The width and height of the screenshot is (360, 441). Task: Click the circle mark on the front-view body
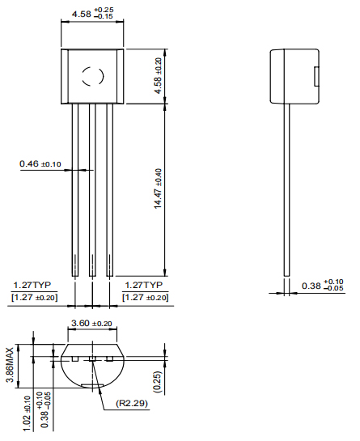click(91, 77)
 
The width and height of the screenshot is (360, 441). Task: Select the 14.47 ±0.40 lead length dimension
click(159, 188)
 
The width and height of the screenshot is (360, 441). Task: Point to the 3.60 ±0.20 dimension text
click(91, 324)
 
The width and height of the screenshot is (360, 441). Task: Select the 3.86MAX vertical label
click(11, 365)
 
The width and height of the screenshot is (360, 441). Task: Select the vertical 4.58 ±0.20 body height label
click(159, 75)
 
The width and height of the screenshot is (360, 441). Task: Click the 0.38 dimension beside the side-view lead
click(321, 286)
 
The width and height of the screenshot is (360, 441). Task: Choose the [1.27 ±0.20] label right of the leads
click(146, 298)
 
